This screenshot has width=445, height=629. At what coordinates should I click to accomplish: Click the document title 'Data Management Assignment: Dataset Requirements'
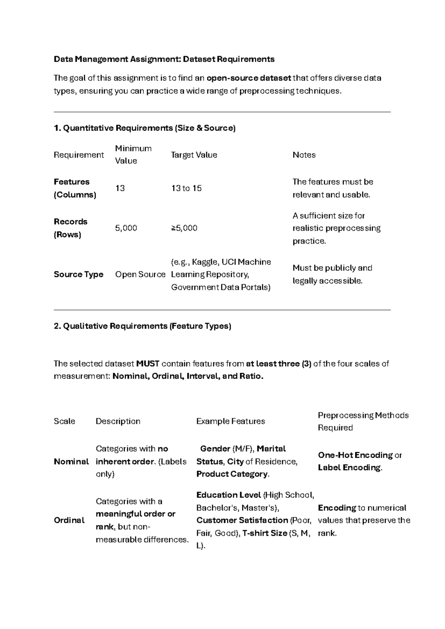tap(164, 59)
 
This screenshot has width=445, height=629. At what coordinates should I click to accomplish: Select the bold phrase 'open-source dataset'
tap(249, 78)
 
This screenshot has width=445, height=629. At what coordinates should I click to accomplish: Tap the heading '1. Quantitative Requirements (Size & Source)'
tap(145, 128)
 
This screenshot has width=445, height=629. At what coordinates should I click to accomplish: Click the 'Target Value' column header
tap(194, 155)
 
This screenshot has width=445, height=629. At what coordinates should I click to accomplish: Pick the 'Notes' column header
tap(304, 155)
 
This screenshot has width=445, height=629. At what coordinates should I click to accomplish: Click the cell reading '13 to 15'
tap(186, 188)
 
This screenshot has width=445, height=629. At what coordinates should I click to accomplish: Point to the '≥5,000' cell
tap(184, 228)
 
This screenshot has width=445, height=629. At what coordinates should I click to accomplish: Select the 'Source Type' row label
tap(78, 274)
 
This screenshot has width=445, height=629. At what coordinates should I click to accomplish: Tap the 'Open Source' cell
tap(140, 274)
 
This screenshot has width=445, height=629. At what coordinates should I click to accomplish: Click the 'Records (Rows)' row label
tap(70, 228)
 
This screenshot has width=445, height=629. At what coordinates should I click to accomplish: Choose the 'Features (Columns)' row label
tap(75, 188)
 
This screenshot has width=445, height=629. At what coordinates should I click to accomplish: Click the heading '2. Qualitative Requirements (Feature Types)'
tap(142, 326)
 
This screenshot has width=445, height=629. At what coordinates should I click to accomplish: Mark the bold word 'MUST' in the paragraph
tap(148, 364)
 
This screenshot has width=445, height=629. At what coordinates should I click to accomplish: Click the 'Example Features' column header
tap(230, 421)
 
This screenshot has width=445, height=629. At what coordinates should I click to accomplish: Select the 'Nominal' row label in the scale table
tap(71, 462)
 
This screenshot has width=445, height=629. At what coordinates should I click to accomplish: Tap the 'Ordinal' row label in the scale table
tap(69, 520)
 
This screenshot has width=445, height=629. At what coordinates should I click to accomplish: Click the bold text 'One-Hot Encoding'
tap(355, 455)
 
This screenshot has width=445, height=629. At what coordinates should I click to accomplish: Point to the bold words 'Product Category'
tap(232, 474)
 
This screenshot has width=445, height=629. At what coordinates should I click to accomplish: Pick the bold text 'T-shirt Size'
tap(264, 533)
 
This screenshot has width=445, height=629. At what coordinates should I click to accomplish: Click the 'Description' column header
tap(118, 421)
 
